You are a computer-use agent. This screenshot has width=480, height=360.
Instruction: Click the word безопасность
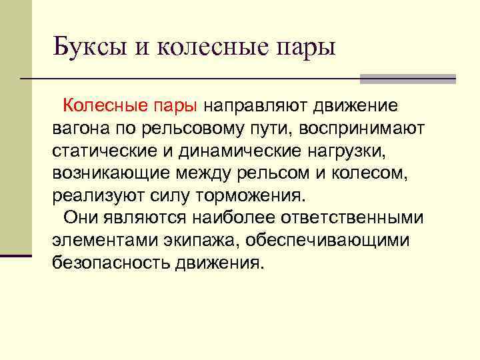pyautogui.click(x=111, y=263)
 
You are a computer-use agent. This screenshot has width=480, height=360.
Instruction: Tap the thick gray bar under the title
pyautogui.click(x=407, y=79)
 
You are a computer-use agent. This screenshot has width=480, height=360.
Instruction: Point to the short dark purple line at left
pyautogui.click(x=16, y=255)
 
